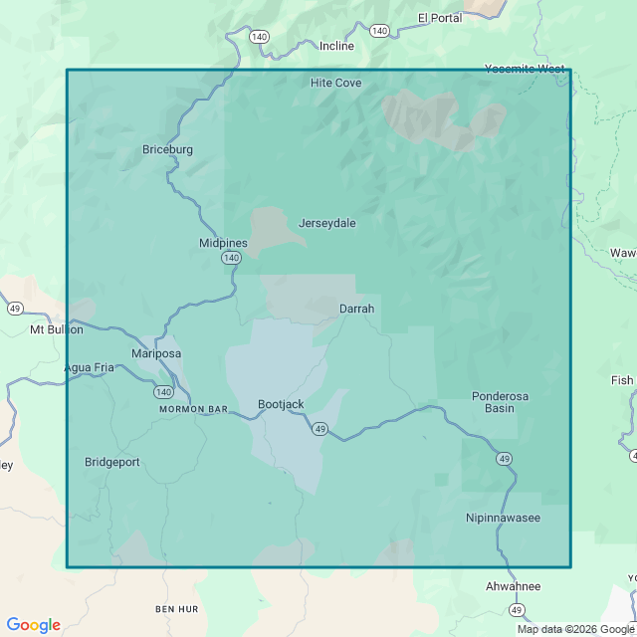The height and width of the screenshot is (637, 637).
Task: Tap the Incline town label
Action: click(x=336, y=46)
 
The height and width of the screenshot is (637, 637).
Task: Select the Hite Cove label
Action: click(x=335, y=83)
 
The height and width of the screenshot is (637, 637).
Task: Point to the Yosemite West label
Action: click(x=525, y=69)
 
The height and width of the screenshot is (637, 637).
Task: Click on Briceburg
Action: click(x=167, y=150)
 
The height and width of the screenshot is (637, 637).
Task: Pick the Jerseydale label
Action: click(x=326, y=223)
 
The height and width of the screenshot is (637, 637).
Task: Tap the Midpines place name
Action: click(x=223, y=243)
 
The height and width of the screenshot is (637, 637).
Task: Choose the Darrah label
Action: click(x=356, y=309)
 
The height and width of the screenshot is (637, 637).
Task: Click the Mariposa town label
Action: click(x=156, y=353)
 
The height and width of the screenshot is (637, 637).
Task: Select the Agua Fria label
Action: click(x=90, y=367)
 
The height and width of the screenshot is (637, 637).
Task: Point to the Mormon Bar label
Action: click(x=194, y=409)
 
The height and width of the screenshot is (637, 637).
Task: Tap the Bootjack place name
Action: click(x=281, y=404)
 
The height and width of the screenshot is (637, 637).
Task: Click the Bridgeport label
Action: click(x=112, y=462)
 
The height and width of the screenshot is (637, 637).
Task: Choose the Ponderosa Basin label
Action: click(x=500, y=402)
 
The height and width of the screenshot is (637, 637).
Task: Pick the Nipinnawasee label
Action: click(x=504, y=518)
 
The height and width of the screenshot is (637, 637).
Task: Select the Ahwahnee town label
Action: click(x=513, y=586)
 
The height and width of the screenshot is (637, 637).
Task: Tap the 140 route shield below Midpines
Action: click(x=231, y=258)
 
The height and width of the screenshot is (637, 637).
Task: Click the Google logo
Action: click(x=33, y=625)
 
